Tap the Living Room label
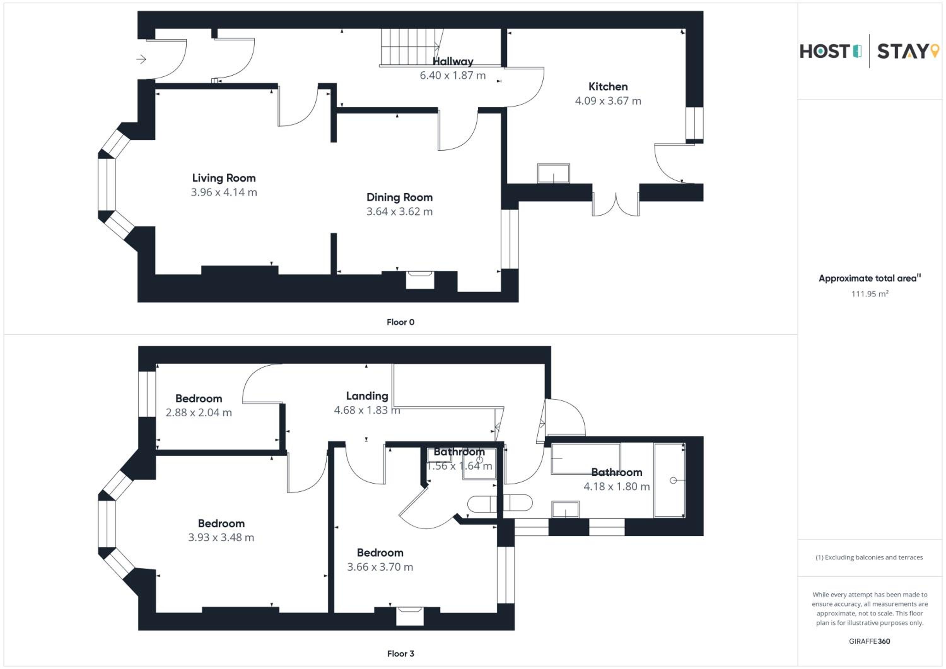[x=224, y=178]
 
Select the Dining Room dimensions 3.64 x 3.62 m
[x=399, y=212]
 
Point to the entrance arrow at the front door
[x=141, y=59]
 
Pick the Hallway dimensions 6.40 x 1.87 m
[x=453, y=75]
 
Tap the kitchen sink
[x=553, y=173]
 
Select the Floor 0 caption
[x=400, y=322]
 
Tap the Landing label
[x=367, y=396]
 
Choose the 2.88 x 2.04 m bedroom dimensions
[x=199, y=412]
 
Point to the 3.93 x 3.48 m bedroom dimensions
[x=221, y=537]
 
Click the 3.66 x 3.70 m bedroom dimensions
[x=380, y=567]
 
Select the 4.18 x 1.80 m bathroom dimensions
[x=616, y=486]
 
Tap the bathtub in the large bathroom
[x=669, y=480]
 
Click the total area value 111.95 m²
[x=869, y=294]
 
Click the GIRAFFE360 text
[x=869, y=641]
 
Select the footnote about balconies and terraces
[x=869, y=557]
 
